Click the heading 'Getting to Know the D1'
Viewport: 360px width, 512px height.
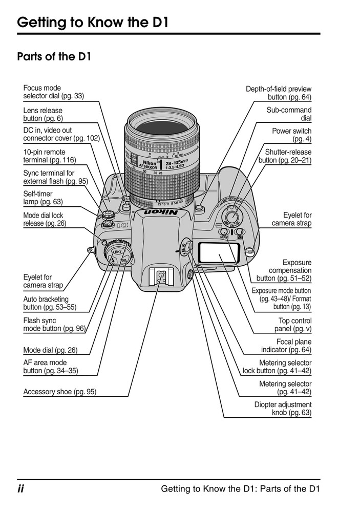(x=92, y=23)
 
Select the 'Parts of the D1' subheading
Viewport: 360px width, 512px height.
(x=54, y=57)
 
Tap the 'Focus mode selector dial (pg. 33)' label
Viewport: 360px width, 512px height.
(x=53, y=92)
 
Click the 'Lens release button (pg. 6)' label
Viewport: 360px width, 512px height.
(x=43, y=114)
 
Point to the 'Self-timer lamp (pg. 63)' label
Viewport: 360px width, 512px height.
(x=43, y=198)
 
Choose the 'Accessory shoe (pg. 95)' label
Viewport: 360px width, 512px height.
(x=59, y=392)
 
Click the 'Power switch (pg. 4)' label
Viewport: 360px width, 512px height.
(x=291, y=135)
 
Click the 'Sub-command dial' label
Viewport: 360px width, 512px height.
(x=289, y=114)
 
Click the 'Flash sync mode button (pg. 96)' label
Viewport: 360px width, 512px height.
(x=54, y=325)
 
